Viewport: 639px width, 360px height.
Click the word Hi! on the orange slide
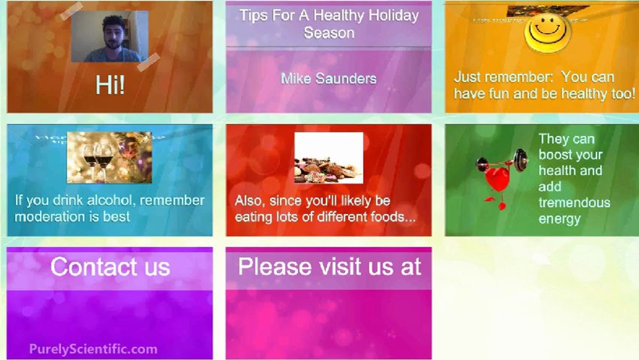pos(110,85)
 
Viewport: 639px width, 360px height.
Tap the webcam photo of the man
pos(109,36)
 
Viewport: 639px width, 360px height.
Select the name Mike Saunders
pos(328,78)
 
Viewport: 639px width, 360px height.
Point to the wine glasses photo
pos(109,157)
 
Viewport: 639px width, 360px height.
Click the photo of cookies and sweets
pos(328,158)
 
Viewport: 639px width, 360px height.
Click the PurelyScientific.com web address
pos(93,349)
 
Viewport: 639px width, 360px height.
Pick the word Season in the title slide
pos(329,33)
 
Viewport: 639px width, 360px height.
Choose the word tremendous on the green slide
pos(574,202)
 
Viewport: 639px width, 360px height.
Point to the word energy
pos(559,219)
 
